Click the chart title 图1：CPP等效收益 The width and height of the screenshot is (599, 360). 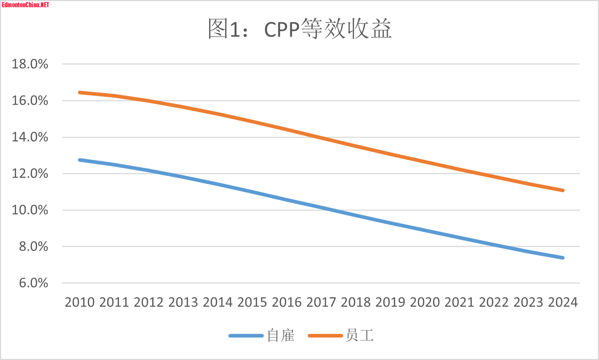point(299,29)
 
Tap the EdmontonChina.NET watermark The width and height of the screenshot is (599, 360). point(25,5)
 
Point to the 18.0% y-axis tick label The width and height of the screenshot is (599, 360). point(30,64)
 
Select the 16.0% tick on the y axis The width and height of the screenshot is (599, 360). point(30,100)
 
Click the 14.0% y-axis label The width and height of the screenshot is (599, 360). point(30,137)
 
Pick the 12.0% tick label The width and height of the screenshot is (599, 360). point(30,173)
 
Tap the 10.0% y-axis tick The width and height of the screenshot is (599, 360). point(30,210)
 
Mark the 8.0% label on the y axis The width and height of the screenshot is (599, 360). point(33,247)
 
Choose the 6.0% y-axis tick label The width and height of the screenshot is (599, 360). point(33,283)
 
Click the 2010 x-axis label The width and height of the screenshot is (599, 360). point(80,302)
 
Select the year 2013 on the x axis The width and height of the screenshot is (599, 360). point(183,302)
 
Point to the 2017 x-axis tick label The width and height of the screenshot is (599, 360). point(321,302)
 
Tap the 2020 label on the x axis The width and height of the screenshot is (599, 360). point(425,302)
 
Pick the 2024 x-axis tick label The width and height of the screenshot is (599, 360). point(563,302)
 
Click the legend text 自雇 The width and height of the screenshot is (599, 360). point(281,335)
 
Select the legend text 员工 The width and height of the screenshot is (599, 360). point(359,335)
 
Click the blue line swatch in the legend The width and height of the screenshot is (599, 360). point(246,336)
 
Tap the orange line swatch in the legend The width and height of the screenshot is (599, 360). point(325,336)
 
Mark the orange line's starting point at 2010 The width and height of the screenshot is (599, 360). point(80,92)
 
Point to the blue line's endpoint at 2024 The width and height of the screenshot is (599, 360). point(563,258)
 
